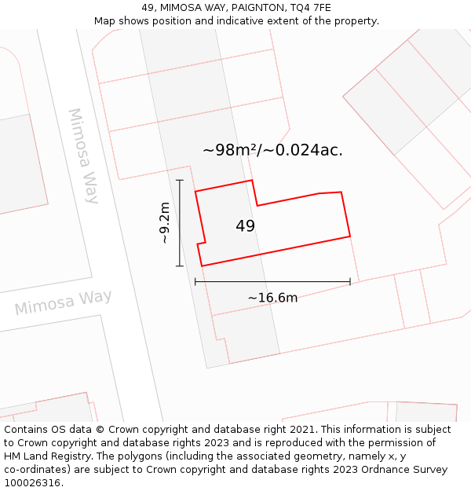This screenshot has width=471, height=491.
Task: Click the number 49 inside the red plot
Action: tap(245, 226)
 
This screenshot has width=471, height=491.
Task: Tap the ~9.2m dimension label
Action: tap(164, 223)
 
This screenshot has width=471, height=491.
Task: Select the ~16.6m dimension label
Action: tap(272, 298)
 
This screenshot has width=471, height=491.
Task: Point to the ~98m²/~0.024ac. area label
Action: tap(272, 150)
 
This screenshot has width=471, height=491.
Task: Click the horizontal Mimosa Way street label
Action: tap(64, 302)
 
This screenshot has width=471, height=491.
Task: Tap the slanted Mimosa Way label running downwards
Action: tap(83, 156)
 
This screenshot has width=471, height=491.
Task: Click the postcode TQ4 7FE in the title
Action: tap(309, 8)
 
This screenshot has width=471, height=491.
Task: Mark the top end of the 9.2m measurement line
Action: tap(179, 181)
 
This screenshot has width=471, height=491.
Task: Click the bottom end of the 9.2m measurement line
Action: tap(179, 266)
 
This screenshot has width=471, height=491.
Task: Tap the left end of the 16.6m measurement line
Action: tap(195, 281)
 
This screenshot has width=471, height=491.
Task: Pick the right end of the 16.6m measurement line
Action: tap(350, 281)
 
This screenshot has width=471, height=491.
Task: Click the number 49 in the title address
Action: tap(148, 8)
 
